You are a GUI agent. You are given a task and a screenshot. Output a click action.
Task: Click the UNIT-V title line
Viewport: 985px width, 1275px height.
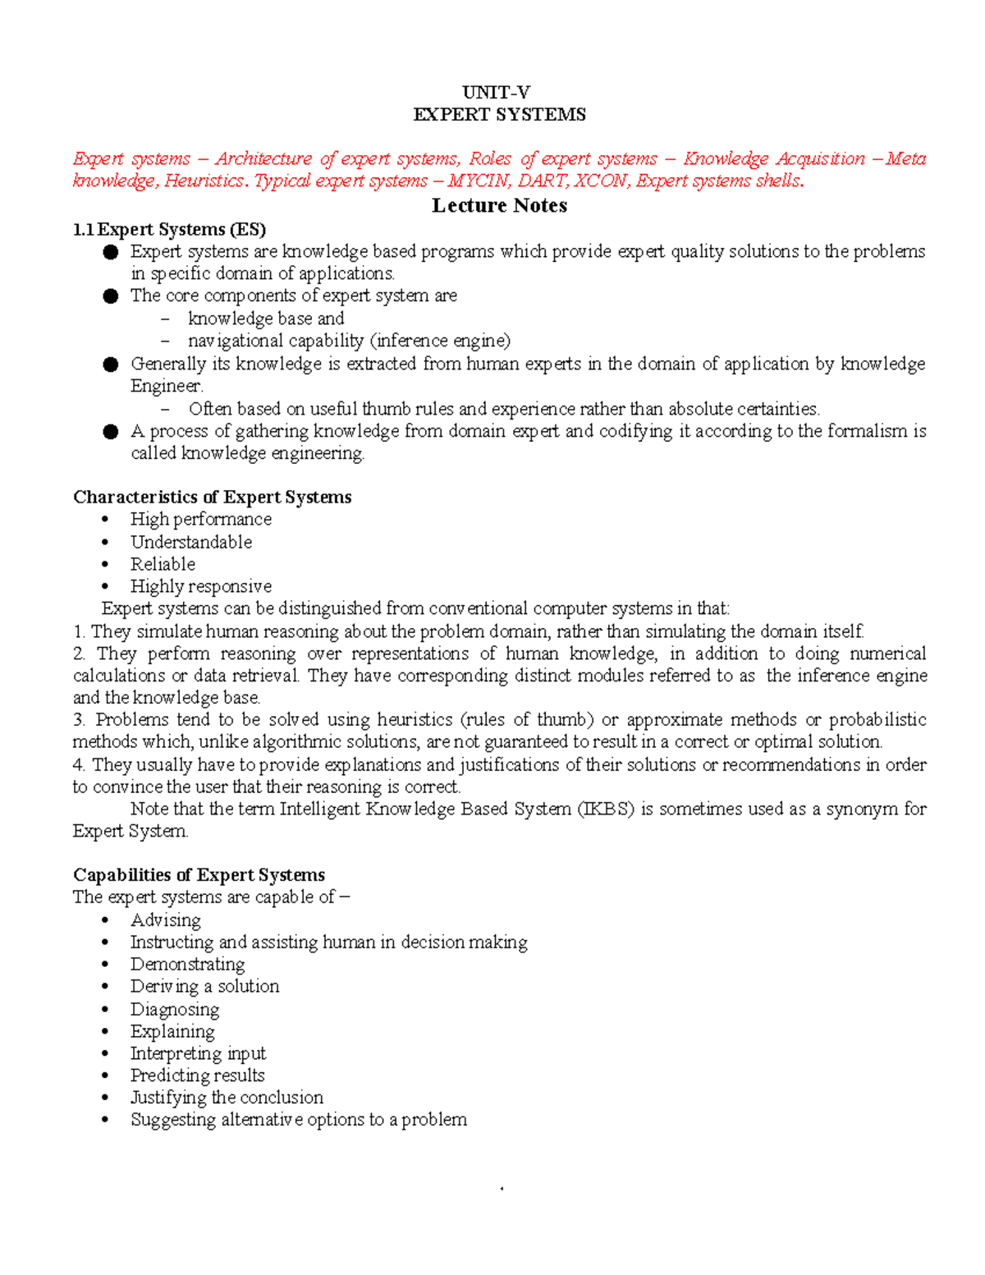point(496,92)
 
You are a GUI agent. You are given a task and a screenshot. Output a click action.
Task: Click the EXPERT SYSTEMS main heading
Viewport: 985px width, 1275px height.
point(499,114)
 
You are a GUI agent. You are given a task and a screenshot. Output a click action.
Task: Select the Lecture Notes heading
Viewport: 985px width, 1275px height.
point(499,205)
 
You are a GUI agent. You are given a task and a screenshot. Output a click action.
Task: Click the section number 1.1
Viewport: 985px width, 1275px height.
point(83,229)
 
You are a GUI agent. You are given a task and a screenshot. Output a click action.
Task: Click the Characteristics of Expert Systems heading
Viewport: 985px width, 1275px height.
point(212,497)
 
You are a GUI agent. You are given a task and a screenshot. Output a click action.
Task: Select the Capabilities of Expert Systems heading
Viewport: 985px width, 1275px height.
point(199,874)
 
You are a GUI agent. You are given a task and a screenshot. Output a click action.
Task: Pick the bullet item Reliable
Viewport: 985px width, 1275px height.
point(163,564)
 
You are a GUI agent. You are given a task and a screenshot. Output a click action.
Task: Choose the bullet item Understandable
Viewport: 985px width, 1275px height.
point(190,542)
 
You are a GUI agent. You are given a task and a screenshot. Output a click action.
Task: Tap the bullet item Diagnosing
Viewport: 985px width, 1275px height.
point(175,1009)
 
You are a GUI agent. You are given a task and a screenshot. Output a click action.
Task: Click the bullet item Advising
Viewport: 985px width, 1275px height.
point(165,920)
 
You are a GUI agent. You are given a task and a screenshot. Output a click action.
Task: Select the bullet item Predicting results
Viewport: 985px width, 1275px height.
point(197,1075)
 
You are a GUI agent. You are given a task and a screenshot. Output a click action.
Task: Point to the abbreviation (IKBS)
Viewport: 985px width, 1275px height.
point(606,809)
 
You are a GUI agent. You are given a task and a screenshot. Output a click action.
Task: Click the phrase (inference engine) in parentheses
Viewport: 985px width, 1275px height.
point(440,341)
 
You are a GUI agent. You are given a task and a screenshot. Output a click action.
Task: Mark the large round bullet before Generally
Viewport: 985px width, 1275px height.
point(111,365)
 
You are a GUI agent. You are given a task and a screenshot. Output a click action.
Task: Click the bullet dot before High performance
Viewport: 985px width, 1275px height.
point(105,520)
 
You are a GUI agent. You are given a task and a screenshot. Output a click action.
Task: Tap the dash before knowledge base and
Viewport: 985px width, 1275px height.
point(167,319)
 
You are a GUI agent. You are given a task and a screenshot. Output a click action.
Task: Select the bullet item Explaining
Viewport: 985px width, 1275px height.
point(172,1031)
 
